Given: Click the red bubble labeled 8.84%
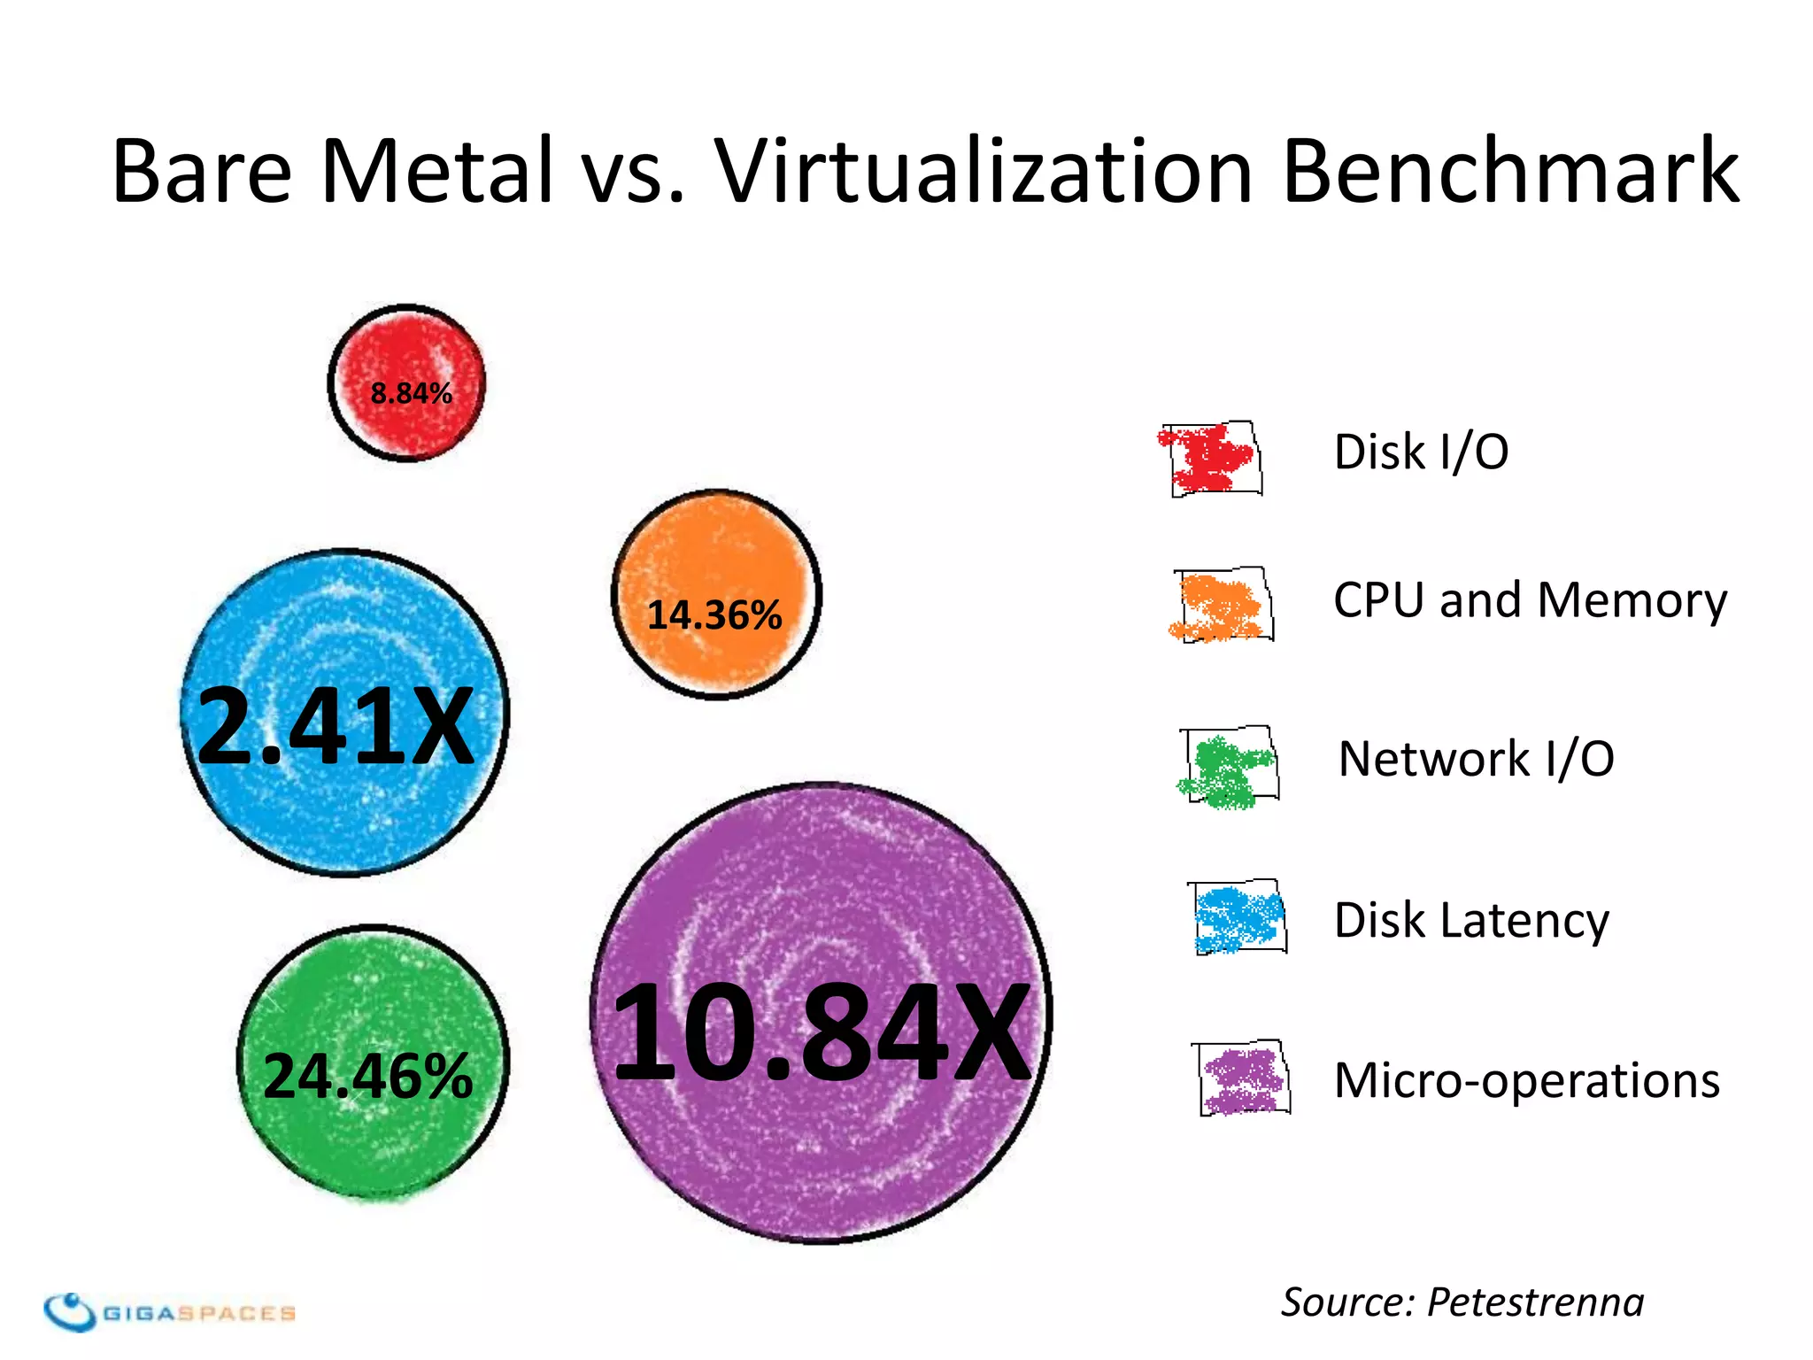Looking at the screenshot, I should [406, 383].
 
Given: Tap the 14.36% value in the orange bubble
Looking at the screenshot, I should [714, 614].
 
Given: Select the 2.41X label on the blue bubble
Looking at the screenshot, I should [336, 726].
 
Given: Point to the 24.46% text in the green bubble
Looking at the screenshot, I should [368, 1076].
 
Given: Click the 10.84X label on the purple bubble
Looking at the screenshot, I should [822, 1033].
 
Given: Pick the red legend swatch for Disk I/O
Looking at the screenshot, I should [1210, 459].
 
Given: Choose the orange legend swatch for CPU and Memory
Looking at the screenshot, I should [1222, 606].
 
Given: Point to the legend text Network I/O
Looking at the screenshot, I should [1476, 760].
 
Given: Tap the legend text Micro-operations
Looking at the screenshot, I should [1526, 1080].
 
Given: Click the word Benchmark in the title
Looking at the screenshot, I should [1510, 170].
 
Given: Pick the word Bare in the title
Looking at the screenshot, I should [202, 170].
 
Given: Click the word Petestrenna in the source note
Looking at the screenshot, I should [1535, 1302].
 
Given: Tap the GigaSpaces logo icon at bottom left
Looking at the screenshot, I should [70, 1311].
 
